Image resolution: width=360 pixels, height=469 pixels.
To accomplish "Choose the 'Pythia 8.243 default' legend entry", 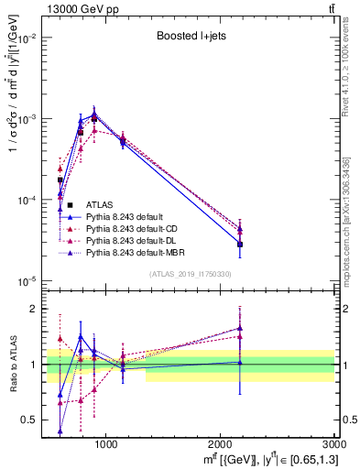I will [x=127, y=216].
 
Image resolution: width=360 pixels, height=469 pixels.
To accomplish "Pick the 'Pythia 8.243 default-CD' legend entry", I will [x=135, y=228].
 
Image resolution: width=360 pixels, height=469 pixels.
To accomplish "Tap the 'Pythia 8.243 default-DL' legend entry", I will [x=135, y=240].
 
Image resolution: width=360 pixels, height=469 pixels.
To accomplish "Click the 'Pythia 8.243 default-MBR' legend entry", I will [x=137, y=252].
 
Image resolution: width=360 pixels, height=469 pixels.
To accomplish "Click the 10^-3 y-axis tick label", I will [x=27, y=119].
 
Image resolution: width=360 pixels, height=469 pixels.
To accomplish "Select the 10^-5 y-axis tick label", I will [x=27, y=280].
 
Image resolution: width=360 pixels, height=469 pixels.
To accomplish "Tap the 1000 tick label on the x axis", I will [x=105, y=445].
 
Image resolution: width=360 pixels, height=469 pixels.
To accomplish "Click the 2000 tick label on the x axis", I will [x=221, y=445].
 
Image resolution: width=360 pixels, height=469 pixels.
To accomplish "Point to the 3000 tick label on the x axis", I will [x=335, y=445].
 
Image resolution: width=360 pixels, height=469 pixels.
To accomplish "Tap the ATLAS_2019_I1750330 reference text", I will [x=189, y=274].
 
